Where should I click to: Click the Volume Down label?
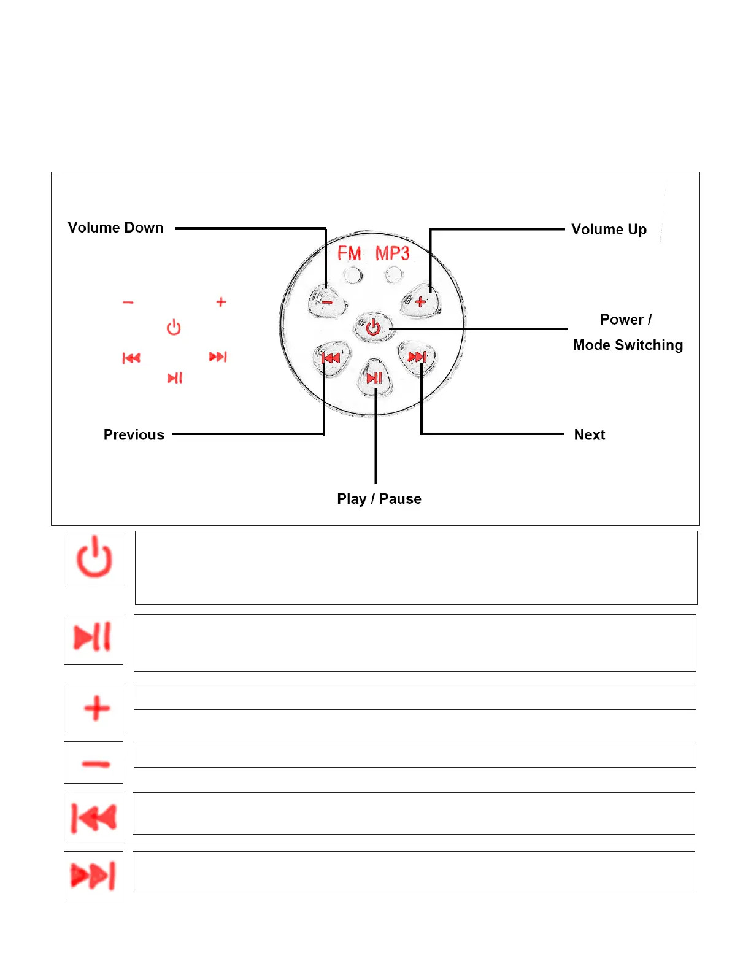coord(115,228)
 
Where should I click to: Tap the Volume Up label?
coord(609,229)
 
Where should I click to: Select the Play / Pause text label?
coord(379,499)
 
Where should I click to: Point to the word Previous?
coord(134,434)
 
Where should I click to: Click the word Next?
coord(590,434)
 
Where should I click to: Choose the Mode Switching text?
coord(628,345)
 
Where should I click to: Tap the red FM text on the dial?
coord(349,253)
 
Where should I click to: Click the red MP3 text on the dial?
coord(393,253)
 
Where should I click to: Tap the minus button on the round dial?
coord(327,302)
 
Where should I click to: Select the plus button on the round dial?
coord(421,301)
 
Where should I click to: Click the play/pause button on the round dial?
coord(374,378)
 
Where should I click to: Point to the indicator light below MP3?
coord(395,274)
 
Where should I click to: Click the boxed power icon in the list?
coord(94,559)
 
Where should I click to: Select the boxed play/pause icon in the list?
coord(93,639)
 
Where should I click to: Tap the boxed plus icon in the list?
coord(94,708)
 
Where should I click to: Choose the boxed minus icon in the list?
coord(94,763)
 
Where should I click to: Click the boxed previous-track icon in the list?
coord(94,817)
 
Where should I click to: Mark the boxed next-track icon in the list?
coord(94,876)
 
